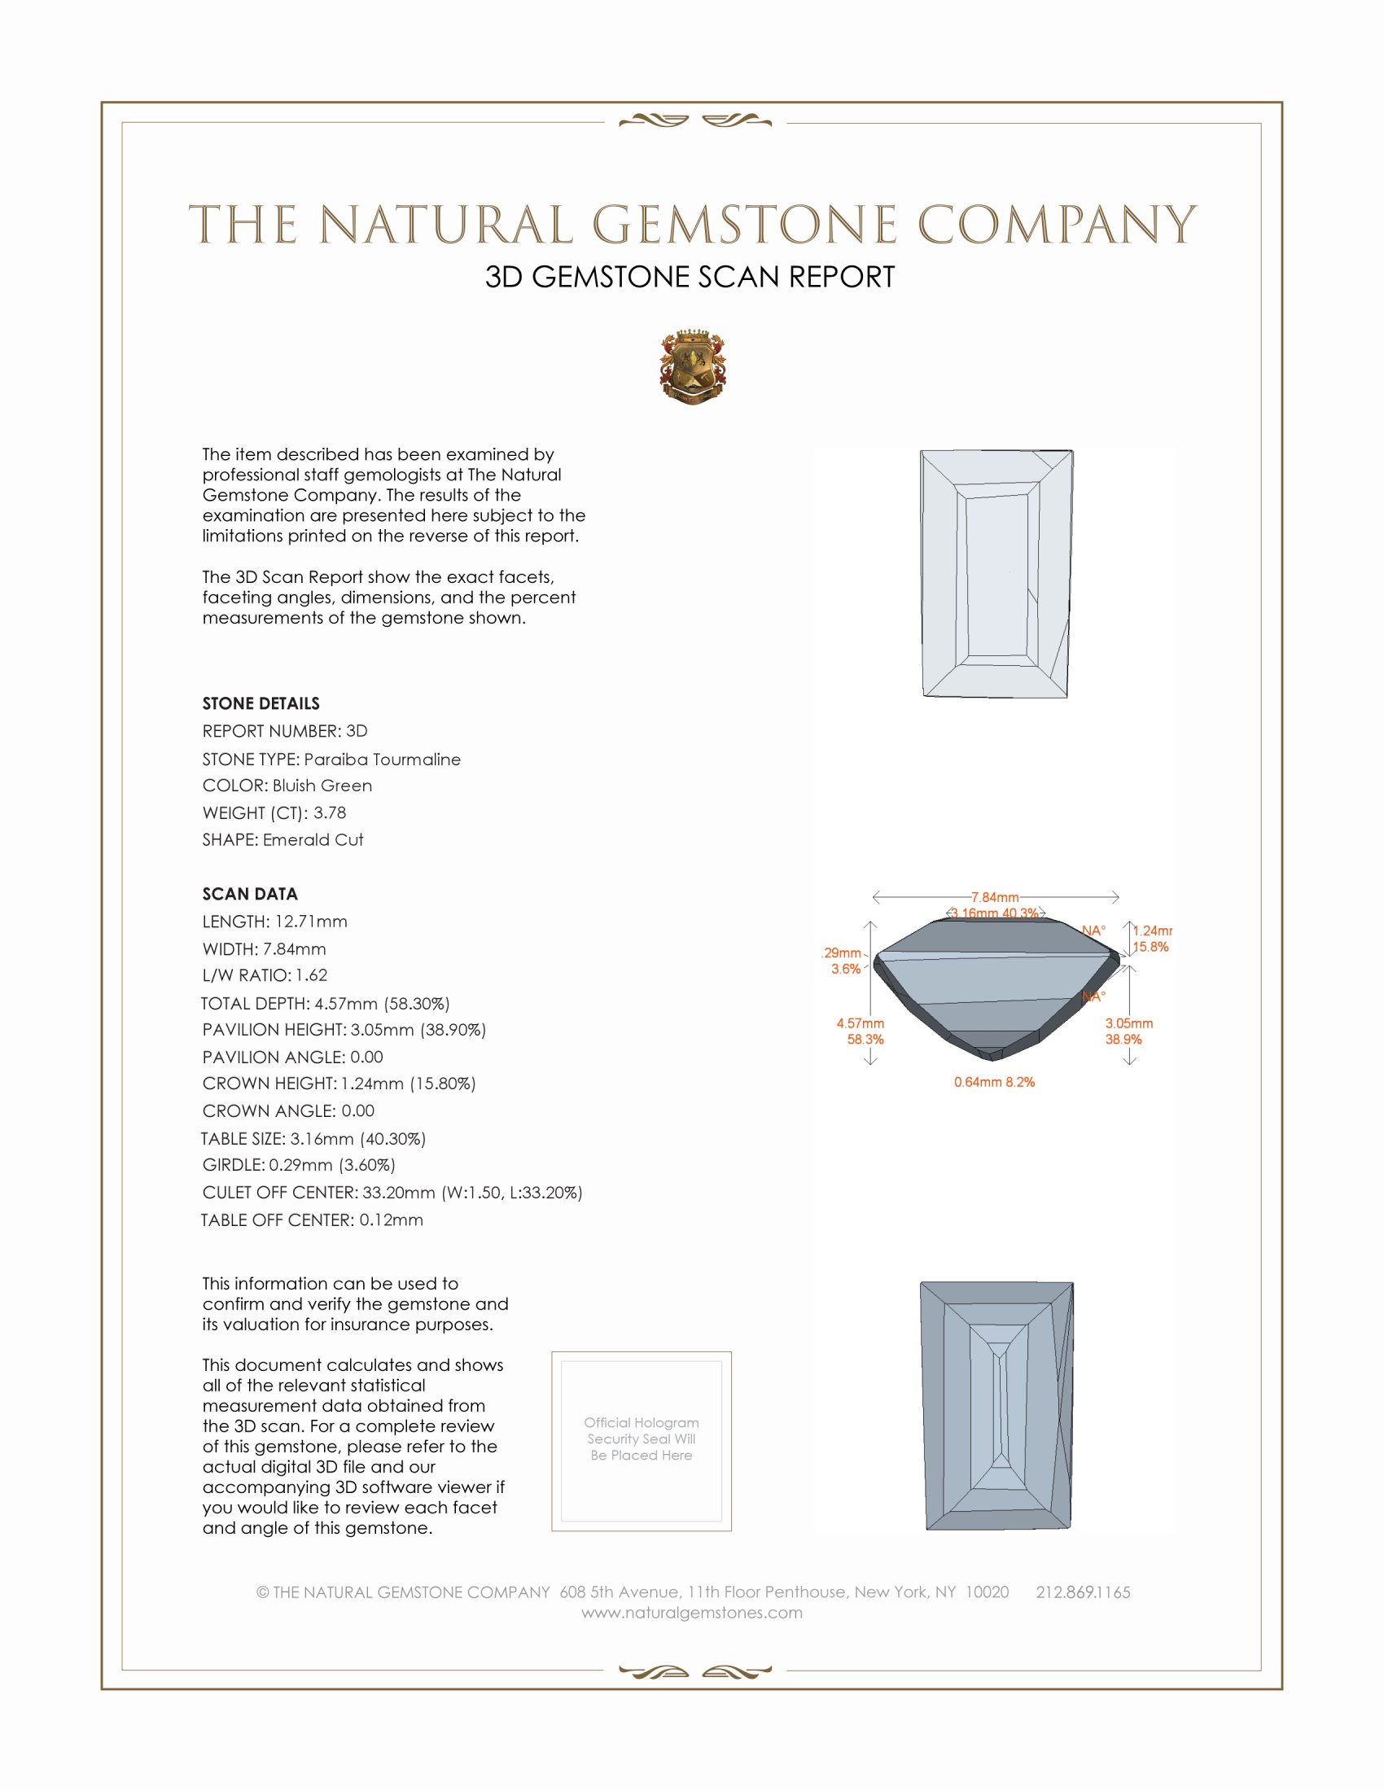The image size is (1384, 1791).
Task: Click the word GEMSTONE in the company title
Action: pos(744,225)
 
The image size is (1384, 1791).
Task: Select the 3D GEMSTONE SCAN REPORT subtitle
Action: pos(690,277)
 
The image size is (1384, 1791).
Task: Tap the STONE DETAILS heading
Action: pos(261,703)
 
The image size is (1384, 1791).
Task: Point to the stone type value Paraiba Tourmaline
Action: pos(382,760)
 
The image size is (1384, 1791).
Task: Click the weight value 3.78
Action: pos(330,812)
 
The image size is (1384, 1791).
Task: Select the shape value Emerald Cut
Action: pos(313,840)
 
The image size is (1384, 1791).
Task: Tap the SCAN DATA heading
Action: pos(250,894)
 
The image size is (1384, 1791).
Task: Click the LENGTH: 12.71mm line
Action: pos(274,922)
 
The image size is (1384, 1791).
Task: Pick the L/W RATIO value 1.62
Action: pos(312,975)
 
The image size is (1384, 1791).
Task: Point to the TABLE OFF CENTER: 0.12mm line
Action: pos(312,1220)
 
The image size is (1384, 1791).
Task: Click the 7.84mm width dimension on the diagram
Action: pos(995,897)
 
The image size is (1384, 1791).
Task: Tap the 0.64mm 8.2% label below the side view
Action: pos(994,1083)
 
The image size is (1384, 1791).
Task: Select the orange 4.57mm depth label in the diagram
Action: pos(860,1023)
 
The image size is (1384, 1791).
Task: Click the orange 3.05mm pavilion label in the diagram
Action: pos(1129,1023)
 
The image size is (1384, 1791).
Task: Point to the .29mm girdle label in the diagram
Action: pos(842,953)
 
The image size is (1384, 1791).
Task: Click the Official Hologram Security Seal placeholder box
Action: pos(642,1442)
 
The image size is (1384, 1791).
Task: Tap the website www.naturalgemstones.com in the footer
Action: pos(692,1613)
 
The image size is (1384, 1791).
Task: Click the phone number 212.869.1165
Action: pos(1083,1592)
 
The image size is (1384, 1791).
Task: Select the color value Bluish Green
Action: pos(322,786)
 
